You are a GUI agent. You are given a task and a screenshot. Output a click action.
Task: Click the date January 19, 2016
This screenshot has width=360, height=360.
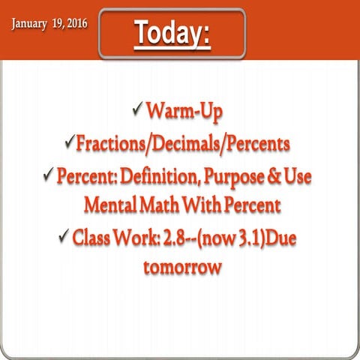point(49,23)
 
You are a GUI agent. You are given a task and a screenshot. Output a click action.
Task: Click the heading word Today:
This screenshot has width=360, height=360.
point(172,33)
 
